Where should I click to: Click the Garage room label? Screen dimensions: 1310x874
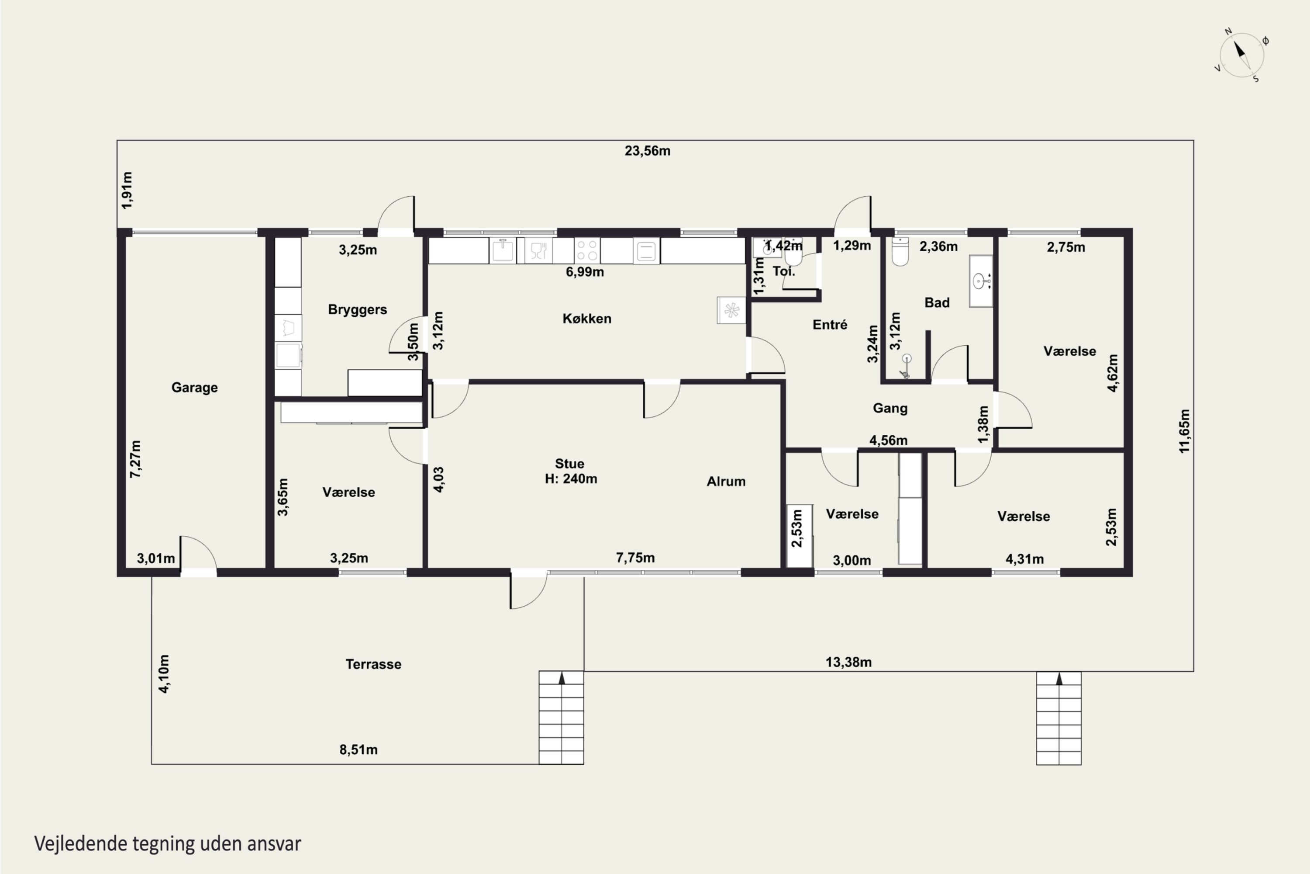coord(194,387)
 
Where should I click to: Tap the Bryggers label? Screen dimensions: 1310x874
coord(357,310)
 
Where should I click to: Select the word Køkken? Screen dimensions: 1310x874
coord(586,318)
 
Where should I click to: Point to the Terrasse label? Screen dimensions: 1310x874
coord(373,664)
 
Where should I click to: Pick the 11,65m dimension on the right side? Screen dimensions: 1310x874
coord(1184,431)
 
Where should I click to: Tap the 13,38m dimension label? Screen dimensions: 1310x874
coord(848,662)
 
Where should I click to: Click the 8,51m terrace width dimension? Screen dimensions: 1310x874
coord(358,750)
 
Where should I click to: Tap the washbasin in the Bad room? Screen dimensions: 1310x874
coord(981,281)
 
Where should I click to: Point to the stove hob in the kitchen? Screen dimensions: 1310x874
coord(587,250)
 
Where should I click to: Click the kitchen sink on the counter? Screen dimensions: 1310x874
coord(503,250)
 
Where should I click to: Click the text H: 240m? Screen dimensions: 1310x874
coord(571,479)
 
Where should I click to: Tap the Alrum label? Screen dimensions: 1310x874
coord(726,482)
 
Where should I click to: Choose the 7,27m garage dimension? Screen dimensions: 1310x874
coord(135,459)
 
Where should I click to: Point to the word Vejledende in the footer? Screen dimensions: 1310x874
coord(80,843)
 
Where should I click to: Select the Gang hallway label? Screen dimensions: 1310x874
coord(890,409)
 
